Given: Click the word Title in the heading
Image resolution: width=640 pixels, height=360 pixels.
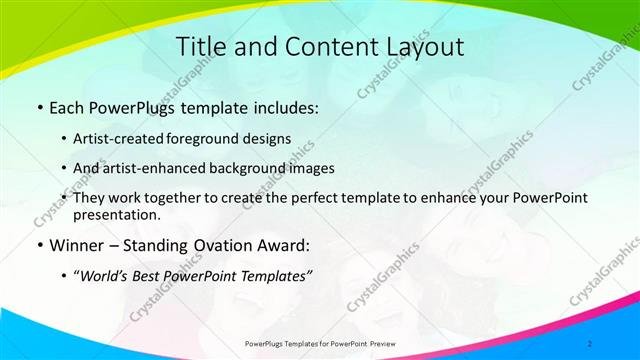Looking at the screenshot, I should (x=201, y=47).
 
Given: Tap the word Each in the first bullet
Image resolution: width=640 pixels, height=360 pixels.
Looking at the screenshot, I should (x=68, y=107).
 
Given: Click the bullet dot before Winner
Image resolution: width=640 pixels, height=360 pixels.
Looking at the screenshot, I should (x=38, y=246).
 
